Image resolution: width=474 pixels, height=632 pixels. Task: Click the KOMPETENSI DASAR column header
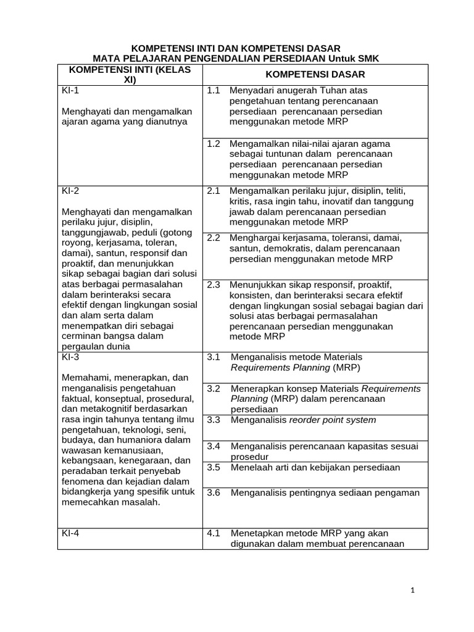pos(315,74)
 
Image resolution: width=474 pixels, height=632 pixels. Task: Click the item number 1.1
pos(214,91)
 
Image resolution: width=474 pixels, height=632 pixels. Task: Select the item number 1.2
pos(214,143)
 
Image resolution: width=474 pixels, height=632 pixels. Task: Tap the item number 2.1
pos(214,191)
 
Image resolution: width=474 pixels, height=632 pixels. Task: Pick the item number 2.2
pos(214,238)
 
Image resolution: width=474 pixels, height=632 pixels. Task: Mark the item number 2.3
pos(214,285)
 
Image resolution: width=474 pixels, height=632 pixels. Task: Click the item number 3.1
pos(214,357)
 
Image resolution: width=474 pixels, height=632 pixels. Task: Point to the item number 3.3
pos(214,420)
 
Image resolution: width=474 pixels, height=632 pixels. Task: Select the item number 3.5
pos(214,467)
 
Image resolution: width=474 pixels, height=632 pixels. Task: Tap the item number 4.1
pos(214,533)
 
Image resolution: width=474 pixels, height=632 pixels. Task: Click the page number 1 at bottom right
pos(413,591)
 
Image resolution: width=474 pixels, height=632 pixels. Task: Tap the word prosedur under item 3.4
pos(249,457)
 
